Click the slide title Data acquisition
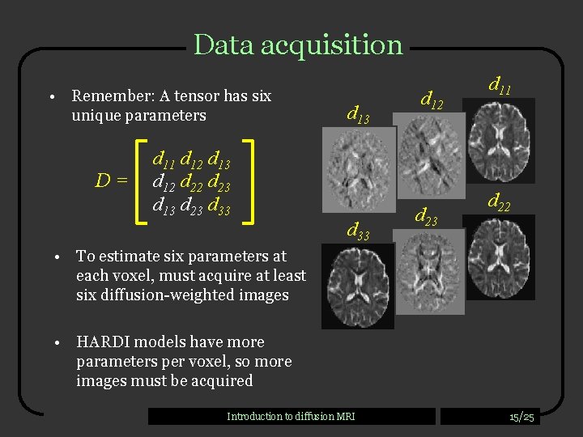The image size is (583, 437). [298, 45]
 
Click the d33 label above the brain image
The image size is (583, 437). [358, 233]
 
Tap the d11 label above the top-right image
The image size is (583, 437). [500, 83]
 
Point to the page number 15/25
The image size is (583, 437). [521, 417]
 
